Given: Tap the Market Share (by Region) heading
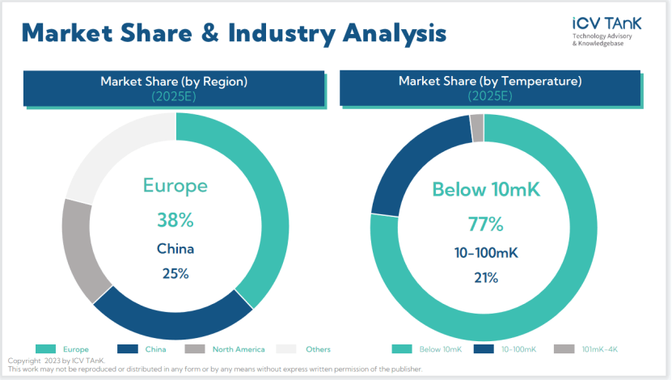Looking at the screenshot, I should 174,82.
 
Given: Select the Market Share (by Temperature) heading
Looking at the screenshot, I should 490,82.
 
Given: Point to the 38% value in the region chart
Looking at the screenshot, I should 175,219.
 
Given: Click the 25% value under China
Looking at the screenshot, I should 175,273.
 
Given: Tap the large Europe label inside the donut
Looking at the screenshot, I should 175,186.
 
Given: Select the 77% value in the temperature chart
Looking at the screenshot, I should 485,224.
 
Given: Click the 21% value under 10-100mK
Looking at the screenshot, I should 485,277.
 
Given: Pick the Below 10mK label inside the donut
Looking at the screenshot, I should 485,190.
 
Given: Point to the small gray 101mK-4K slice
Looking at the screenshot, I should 477,127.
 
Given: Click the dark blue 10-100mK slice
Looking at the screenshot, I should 412,166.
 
